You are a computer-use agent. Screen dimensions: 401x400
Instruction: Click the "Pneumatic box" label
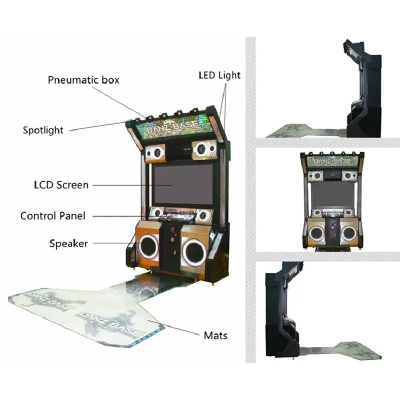pos(83,80)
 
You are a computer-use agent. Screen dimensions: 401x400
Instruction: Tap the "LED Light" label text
pos(219,75)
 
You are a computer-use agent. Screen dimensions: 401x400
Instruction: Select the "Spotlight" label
pos(43,130)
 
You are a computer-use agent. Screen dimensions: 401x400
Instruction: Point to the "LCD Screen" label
pos(58,185)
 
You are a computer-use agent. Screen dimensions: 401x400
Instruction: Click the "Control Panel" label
pos(52,216)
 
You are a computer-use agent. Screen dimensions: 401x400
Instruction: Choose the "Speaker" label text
pos(68,244)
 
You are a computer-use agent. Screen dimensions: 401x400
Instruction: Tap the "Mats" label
pos(215,335)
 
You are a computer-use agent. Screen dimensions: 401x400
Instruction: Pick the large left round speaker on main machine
pos(148,247)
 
